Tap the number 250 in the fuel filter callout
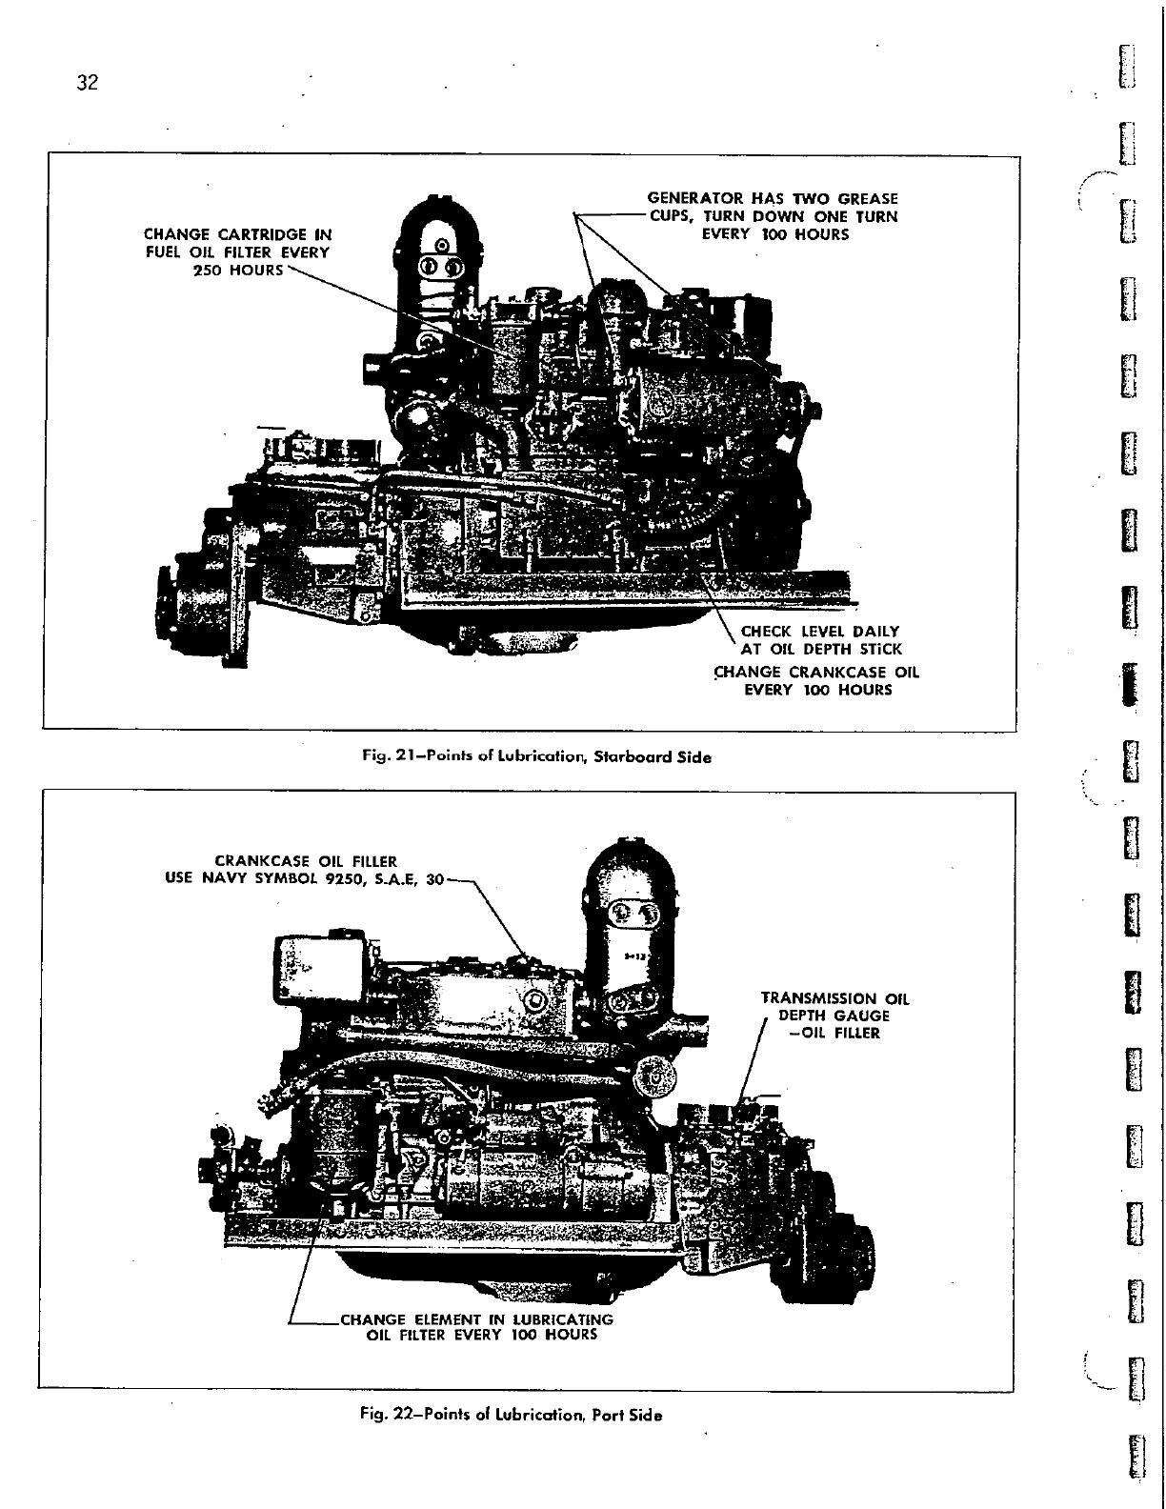tap(210, 271)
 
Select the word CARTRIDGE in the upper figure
tap(266, 234)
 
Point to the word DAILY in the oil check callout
tap(876, 631)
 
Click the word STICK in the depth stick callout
tap(877, 650)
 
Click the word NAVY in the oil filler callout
tap(225, 879)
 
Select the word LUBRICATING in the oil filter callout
tap(563, 1319)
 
